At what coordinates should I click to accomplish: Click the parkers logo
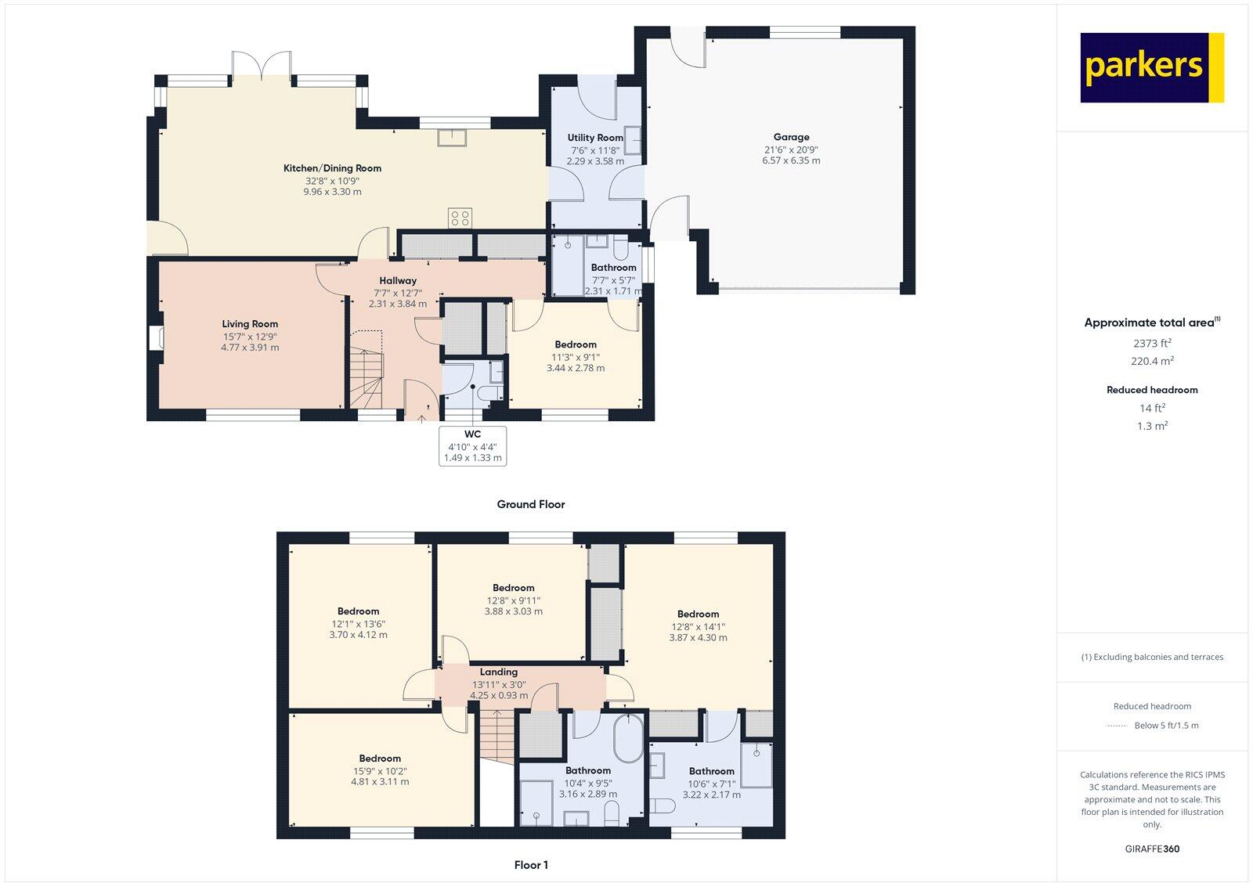pyautogui.click(x=1151, y=67)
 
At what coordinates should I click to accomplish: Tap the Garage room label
pyautogui.click(x=791, y=137)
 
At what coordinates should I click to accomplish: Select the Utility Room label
pyautogui.click(x=595, y=138)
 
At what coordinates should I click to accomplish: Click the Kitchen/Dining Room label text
pyautogui.click(x=332, y=168)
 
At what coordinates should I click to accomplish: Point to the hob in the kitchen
pyautogui.click(x=460, y=218)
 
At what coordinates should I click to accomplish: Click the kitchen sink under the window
pyautogui.click(x=453, y=138)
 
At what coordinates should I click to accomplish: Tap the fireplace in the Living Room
pyautogui.click(x=154, y=337)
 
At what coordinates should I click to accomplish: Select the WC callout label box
pyautogui.click(x=473, y=446)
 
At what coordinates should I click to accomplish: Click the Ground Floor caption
pyautogui.click(x=530, y=504)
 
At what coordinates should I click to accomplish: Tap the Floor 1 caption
pyautogui.click(x=531, y=865)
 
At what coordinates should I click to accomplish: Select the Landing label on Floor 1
pyautogui.click(x=499, y=672)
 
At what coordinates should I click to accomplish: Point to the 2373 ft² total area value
pyautogui.click(x=1151, y=343)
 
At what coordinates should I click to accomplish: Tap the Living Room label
pyautogui.click(x=250, y=324)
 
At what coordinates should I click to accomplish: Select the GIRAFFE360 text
pyautogui.click(x=1151, y=849)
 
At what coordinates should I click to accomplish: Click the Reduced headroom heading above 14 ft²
pyautogui.click(x=1151, y=390)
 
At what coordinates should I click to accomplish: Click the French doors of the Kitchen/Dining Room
pyautogui.click(x=262, y=66)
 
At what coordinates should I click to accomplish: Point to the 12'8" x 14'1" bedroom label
pyautogui.click(x=698, y=626)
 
